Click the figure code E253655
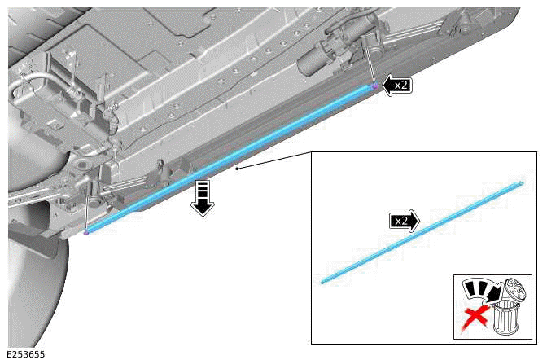point(26,354)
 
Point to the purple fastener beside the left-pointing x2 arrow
point(374,86)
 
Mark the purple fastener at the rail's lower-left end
point(85,232)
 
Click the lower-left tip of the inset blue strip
point(322,282)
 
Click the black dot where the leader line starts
point(236,169)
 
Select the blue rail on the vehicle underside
point(228,159)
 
